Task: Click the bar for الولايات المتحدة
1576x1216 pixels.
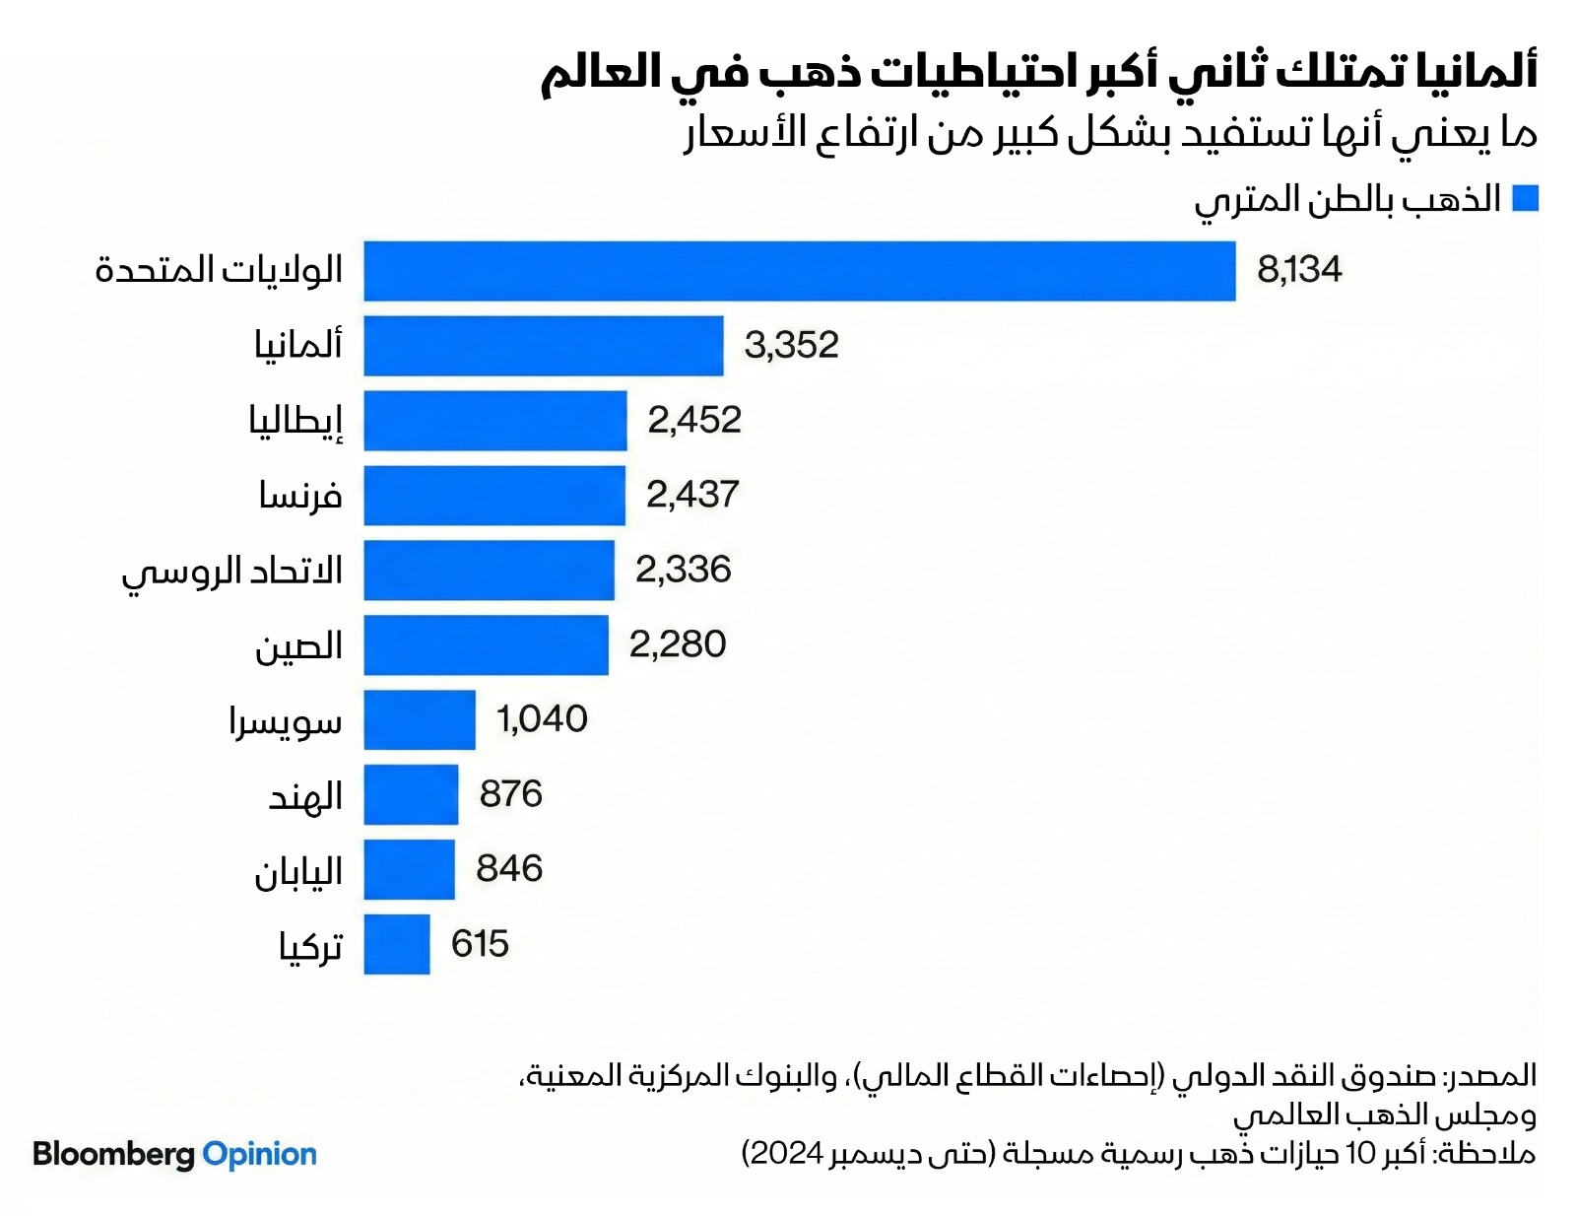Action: click(799, 271)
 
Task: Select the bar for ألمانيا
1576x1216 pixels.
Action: click(543, 346)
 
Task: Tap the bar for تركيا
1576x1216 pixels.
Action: click(397, 944)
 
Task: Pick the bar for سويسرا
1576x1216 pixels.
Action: click(420, 719)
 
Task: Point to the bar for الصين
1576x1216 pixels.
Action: click(486, 644)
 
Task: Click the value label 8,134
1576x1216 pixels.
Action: click(1299, 269)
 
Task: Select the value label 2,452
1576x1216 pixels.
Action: click(693, 420)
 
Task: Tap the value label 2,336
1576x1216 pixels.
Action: click(683, 570)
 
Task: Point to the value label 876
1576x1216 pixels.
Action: click(510, 793)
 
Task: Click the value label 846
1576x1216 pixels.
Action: click(509, 868)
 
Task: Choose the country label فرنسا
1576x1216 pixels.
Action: click(300, 495)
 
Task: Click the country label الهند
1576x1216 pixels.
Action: click(305, 795)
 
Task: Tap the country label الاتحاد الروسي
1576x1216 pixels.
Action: click(232, 572)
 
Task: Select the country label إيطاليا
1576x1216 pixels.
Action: click(295, 421)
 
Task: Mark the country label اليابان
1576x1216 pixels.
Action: click(298, 872)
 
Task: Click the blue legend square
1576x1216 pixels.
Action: click(1525, 198)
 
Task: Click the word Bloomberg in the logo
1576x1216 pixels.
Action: click(113, 1154)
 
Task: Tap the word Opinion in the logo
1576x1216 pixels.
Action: click(259, 1154)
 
